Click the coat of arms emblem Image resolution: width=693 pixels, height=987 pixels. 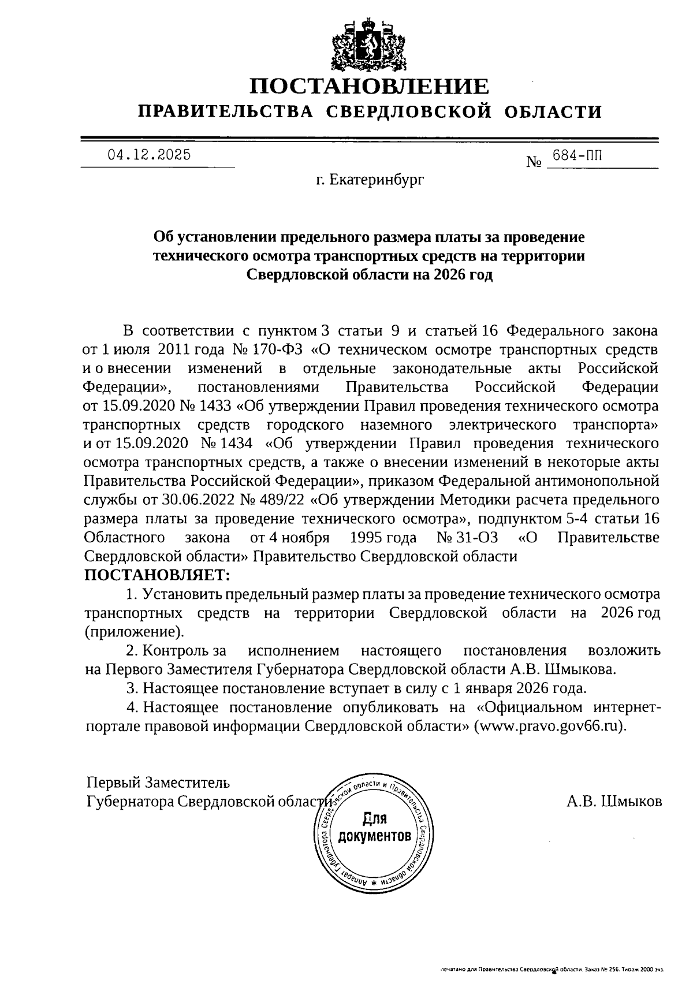[x=369, y=45]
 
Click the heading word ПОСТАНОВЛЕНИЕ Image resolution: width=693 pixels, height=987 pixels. [x=369, y=87]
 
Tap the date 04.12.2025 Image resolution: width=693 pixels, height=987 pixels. [x=149, y=155]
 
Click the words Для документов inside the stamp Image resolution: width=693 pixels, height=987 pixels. [x=375, y=826]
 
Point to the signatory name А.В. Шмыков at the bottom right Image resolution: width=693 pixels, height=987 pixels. [x=614, y=802]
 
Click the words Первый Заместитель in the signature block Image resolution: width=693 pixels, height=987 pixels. [x=158, y=783]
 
